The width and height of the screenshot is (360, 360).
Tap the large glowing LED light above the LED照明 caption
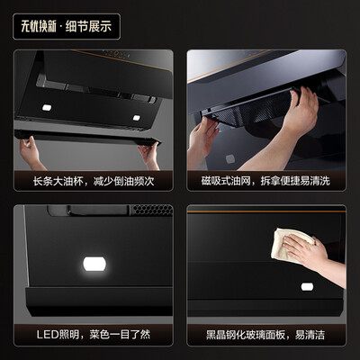pyautogui.click(x=93, y=265)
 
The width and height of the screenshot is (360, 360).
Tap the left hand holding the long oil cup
pyautogui.click(x=32, y=150)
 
